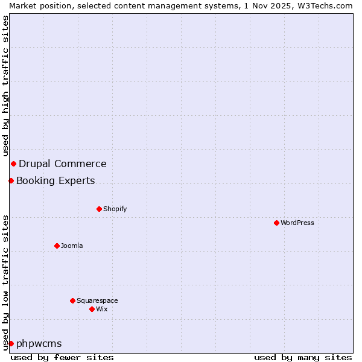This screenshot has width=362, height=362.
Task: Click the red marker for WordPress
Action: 276,223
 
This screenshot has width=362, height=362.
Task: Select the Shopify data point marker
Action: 99,209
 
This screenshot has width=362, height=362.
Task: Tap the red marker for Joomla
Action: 57,246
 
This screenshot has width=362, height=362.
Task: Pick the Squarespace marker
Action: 72,300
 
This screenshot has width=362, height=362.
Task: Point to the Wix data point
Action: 92,309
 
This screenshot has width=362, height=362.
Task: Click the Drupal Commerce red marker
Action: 13,164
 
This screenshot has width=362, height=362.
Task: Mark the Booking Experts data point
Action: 11,180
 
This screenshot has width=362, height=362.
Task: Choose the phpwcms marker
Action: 11,343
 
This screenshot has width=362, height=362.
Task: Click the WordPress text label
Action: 297,223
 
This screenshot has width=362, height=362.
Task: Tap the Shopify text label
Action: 115,209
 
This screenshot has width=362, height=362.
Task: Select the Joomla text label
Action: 72,246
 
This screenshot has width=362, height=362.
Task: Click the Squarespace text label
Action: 97,300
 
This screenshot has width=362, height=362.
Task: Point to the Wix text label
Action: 101,309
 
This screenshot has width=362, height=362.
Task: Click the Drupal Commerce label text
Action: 63,164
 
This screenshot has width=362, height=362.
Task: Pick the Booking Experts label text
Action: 56,180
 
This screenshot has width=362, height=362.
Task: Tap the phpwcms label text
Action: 39,343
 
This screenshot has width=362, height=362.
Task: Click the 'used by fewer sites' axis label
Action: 62,357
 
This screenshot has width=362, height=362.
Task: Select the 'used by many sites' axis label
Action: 303,357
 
